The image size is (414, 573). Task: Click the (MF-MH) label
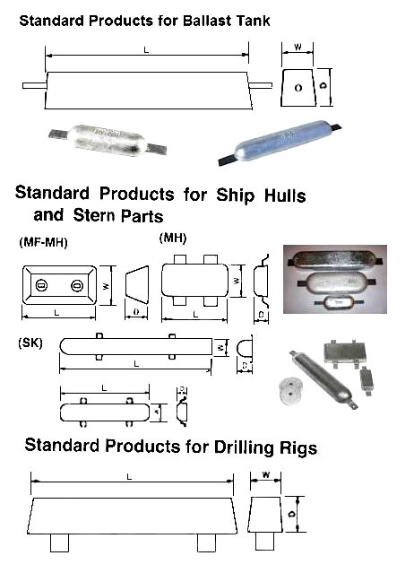[43, 242]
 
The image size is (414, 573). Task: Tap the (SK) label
[30, 343]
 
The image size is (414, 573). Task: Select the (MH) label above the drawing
[173, 239]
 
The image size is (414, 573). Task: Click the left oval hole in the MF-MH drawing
[41, 284]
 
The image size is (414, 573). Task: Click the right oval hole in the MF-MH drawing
[77, 285]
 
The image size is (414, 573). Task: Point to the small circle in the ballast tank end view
[298, 88]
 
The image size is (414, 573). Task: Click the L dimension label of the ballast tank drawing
[146, 49]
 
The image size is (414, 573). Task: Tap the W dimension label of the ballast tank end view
[298, 48]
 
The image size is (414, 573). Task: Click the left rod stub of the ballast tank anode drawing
[35, 85]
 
